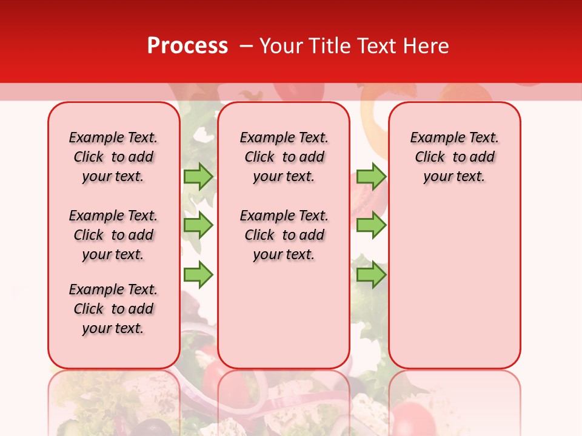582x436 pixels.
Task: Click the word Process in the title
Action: (x=187, y=46)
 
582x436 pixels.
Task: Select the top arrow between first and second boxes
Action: (x=198, y=176)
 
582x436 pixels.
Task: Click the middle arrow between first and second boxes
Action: (x=198, y=225)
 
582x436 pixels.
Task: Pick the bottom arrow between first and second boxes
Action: (x=198, y=275)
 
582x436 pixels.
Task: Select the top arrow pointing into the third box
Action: (x=370, y=176)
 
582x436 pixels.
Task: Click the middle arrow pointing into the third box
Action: (x=370, y=225)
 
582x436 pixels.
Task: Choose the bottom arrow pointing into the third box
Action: (x=370, y=275)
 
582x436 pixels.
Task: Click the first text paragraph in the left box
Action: (x=113, y=157)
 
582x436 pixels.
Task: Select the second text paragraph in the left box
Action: (x=113, y=235)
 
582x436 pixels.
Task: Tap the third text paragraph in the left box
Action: (x=113, y=309)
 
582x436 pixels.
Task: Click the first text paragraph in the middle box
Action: (x=284, y=157)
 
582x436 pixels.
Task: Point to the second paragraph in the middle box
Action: (x=284, y=235)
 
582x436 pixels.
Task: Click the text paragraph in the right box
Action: (x=455, y=157)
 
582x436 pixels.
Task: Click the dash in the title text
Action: (x=246, y=46)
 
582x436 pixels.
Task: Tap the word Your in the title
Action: (x=281, y=46)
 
